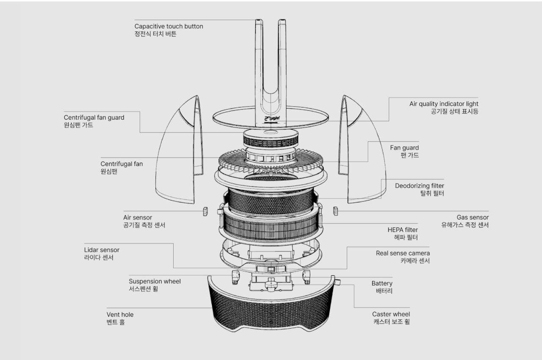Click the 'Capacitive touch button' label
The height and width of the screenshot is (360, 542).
pos(169,26)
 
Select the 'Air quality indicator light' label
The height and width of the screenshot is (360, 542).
pos(443,104)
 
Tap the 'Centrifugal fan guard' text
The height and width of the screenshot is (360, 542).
pos(94,117)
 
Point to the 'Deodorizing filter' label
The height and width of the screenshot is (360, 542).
pos(419,186)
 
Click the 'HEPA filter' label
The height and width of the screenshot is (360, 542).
pos(402,230)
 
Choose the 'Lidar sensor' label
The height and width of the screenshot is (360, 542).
pos(101,250)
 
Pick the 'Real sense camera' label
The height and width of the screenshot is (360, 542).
pos(402,253)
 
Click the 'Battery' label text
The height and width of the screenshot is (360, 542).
pos(382,283)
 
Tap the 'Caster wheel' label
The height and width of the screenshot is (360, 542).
pos(391,314)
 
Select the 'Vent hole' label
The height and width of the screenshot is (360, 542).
pos(120,315)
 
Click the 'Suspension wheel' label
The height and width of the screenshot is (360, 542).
pos(155,281)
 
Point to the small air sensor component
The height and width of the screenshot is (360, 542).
pos(205,211)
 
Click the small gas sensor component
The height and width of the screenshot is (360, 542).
pos(336,211)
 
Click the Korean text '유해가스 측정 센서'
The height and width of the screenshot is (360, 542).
pos(465,225)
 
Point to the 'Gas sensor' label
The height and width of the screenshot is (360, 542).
pos(472,217)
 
